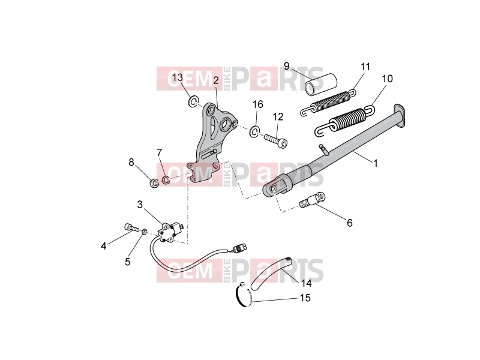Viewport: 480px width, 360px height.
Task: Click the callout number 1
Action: click(x=376, y=163)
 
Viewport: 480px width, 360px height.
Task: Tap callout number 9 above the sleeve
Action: click(x=287, y=66)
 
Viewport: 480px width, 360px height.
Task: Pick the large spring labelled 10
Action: click(x=344, y=121)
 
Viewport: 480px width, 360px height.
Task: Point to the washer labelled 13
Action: click(x=193, y=101)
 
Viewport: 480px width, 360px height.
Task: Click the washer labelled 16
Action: click(x=254, y=131)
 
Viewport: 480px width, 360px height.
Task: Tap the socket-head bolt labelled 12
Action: click(x=276, y=140)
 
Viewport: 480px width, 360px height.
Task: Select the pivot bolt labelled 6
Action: click(x=312, y=200)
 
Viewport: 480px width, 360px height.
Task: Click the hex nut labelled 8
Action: click(x=154, y=183)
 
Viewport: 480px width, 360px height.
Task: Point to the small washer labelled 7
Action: click(x=166, y=180)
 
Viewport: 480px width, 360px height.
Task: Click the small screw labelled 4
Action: click(x=131, y=228)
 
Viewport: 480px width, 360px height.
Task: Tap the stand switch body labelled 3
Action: click(x=168, y=232)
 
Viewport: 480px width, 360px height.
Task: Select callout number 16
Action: click(x=258, y=104)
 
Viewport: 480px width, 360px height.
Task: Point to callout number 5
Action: click(x=127, y=262)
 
